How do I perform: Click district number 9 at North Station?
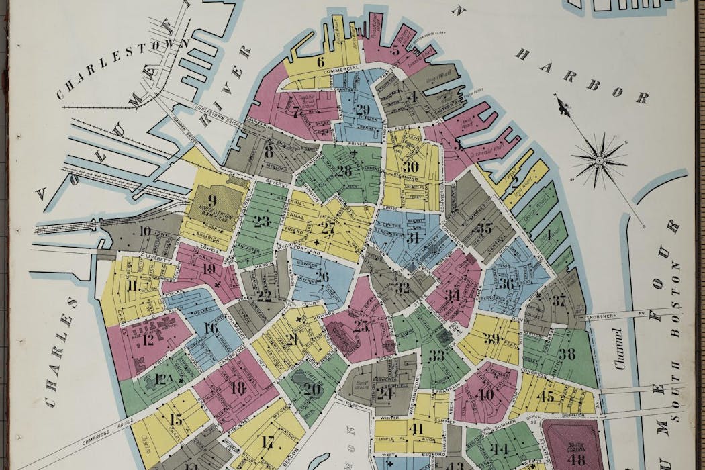(212, 199)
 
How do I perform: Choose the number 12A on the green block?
(164, 380)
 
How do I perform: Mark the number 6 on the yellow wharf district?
(321, 62)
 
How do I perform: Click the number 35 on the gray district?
(484, 228)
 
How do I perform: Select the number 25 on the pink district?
(361, 327)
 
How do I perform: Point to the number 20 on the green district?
(312, 389)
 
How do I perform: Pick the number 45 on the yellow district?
(545, 397)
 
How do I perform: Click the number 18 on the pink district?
(237, 387)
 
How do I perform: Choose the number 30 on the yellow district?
(410, 167)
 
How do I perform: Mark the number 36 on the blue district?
(506, 284)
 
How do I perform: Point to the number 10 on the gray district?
(145, 232)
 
